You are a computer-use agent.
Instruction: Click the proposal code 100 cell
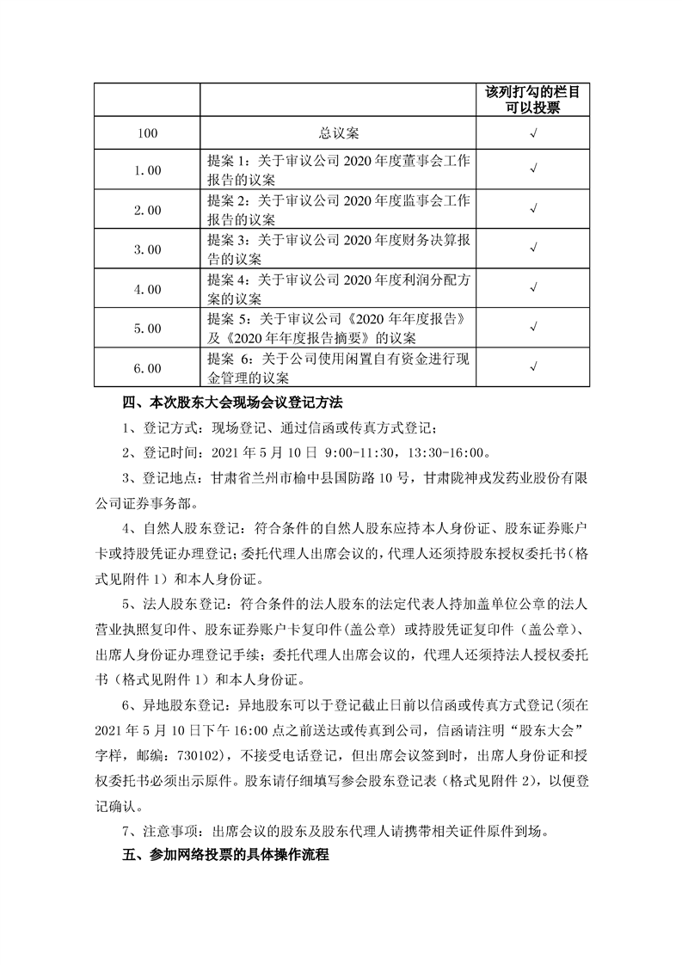[148, 134]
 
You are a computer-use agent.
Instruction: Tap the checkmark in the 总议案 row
[533, 134]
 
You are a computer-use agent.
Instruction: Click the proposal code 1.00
[148, 170]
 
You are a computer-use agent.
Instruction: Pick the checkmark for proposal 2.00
[533, 209]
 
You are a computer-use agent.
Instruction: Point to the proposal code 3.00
[148, 249]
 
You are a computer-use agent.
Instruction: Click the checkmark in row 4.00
[533, 288]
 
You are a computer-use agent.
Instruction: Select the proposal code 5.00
[148, 328]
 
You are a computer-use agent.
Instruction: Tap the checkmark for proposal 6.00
[533, 367]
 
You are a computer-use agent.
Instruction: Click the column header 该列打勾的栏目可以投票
[533, 99]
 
